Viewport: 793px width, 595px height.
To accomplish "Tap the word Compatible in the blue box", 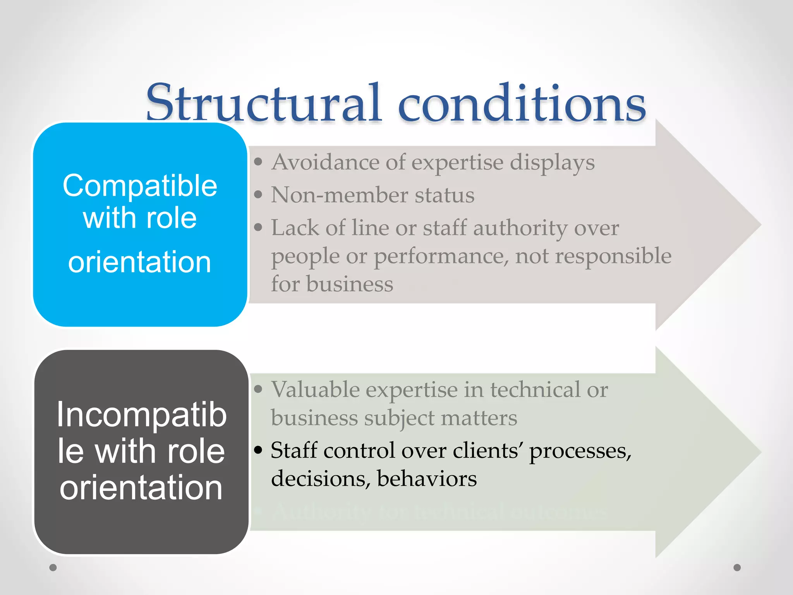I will pyautogui.click(x=140, y=186).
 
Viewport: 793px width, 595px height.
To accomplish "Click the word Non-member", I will pyautogui.click(x=339, y=195).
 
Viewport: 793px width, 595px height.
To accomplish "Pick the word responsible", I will pyautogui.click(x=613, y=256).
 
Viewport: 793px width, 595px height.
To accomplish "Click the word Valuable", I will pyautogui.click(x=315, y=389).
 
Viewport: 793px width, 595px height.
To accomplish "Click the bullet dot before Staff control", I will pyautogui.click(x=258, y=450).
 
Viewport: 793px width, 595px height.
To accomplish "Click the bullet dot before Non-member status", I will pyautogui.click(x=258, y=194).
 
